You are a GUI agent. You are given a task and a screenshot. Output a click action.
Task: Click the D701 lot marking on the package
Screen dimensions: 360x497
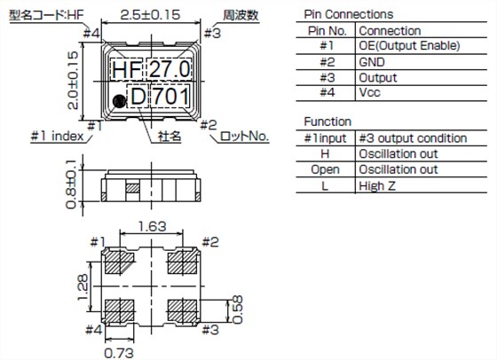[x=160, y=96]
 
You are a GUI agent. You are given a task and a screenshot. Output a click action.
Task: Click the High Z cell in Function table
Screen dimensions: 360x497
[x=375, y=185]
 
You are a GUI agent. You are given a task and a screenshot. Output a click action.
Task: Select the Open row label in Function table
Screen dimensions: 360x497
[x=324, y=170]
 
